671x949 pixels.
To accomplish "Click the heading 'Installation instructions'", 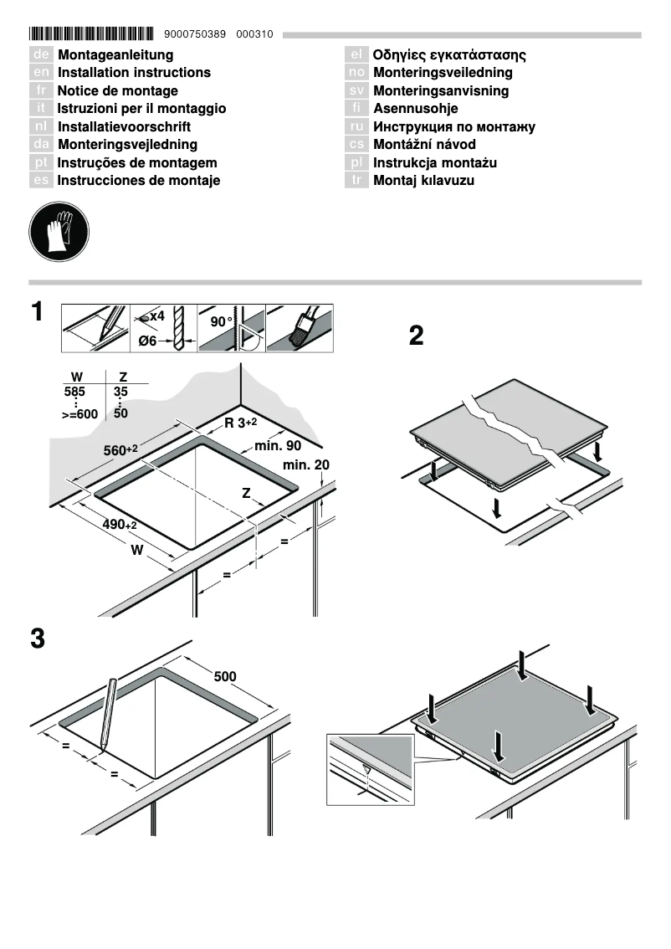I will click(134, 73).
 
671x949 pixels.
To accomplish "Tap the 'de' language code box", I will click(41, 55).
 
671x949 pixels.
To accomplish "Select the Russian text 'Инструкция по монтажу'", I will click(453, 127).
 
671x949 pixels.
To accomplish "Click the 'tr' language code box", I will click(356, 181).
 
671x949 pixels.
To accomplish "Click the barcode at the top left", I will click(91, 34).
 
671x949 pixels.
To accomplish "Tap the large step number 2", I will click(416, 336).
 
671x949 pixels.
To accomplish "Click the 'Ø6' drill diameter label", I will click(147, 341).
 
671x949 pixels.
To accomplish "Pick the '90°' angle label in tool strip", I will click(220, 321).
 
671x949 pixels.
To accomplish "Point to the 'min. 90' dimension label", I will click(278, 446).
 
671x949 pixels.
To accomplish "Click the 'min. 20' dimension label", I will click(305, 465).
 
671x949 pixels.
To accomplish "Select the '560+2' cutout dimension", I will click(120, 451).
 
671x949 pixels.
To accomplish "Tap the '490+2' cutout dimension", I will click(120, 524).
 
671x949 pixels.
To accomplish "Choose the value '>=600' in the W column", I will click(79, 414).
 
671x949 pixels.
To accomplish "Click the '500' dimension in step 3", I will click(224, 676).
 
